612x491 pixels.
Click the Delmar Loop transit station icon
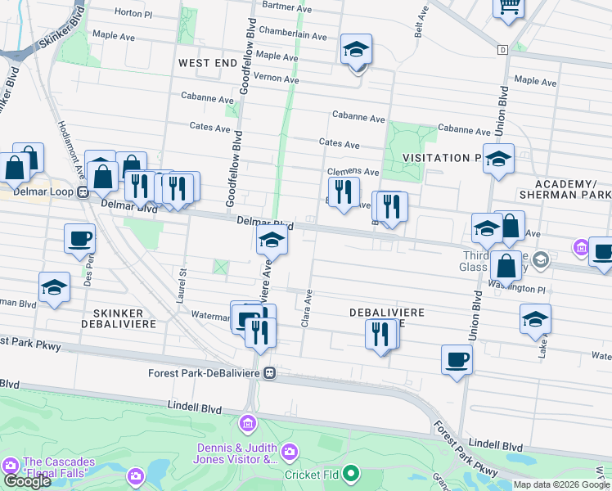pyautogui.click(x=83, y=192)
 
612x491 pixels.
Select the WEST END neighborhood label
pyautogui.click(x=208, y=62)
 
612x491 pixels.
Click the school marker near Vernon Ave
pyautogui.click(x=357, y=49)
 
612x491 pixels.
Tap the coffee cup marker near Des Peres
pyautogui.click(x=80, y=238)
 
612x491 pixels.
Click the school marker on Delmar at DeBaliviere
pyautogui.click(x=272, y=241)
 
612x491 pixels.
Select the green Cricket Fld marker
pyautogui.click(x=351, y=473)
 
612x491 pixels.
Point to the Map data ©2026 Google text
pyautogui.click(x=561, y=484)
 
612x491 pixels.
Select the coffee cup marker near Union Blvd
pyautogui.click(x=457, y=359)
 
